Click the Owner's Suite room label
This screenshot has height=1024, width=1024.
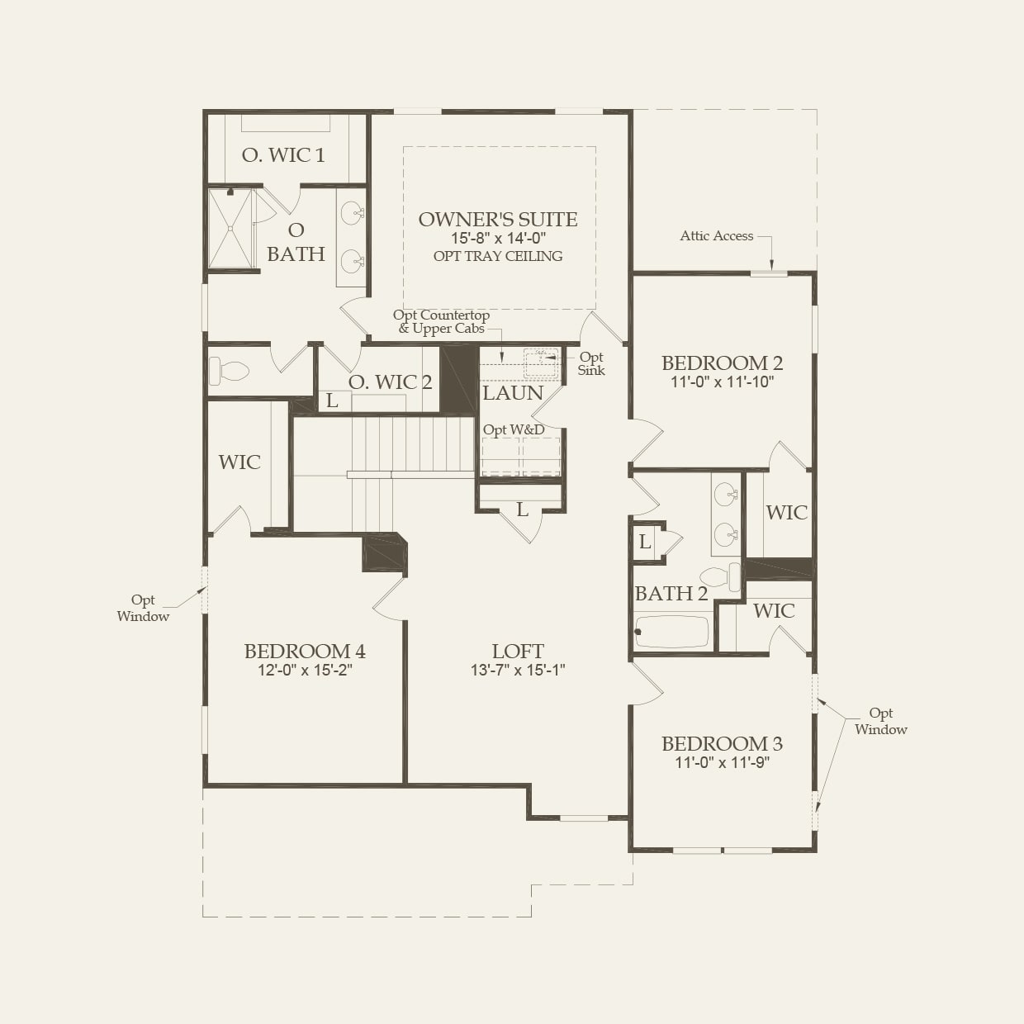click(x=497, y=219)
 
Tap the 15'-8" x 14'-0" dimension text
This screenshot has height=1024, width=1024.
click(x=497, y=239)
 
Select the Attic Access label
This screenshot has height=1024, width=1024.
click(x=716, y=236)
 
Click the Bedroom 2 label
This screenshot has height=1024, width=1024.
click(x=722, y=363)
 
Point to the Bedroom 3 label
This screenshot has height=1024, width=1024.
click(x=722, y=743)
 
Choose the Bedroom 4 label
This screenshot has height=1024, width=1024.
click(x=305, y=651)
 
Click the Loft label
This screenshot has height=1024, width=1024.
click(x=518, y=651)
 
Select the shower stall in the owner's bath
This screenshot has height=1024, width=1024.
click(x=230, y=229)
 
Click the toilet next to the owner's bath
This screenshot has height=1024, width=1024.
click(x=229, y=371)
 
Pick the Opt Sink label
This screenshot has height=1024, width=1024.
click(x=591, y=364)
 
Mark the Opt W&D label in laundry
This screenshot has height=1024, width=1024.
click(x=514, y=429)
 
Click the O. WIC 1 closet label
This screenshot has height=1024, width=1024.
click(x=283, y=155)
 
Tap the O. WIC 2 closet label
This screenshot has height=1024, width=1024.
click(x=390, y=382)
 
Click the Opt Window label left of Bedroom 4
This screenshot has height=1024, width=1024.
click(x=143, y=609)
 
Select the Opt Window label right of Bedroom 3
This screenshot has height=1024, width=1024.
click(x=880, y=722)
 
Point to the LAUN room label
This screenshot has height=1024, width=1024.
click(x=513, y=393)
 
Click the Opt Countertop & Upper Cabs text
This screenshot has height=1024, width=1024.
click(x=441, y=322)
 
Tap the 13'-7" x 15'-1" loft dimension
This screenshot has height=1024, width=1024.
click(x=518, y=671)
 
